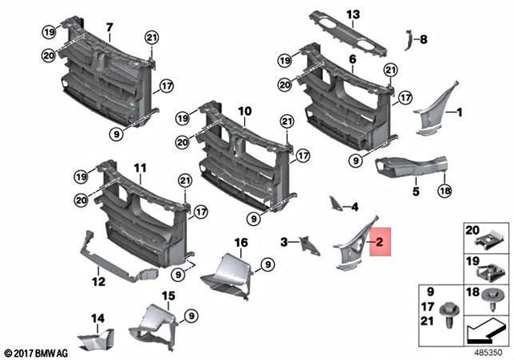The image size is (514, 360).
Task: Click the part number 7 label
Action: coord(109,27)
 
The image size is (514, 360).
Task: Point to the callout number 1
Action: coord(460,113)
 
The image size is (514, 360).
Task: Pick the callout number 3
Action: coord(285,240)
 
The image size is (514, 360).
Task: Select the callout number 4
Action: coord(353,207)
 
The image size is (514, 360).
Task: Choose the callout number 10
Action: coord(244,110)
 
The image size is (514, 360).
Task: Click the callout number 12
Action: coord(97,282)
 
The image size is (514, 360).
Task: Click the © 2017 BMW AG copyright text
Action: coord(34,353)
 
